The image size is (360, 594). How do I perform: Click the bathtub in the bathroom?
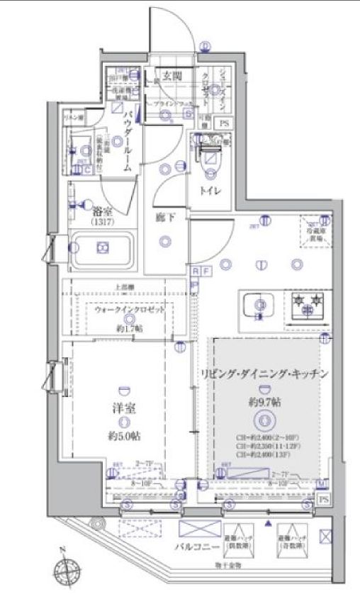coord(102,249)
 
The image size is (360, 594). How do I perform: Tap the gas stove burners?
coord(306,306)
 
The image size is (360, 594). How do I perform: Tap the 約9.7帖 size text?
coord(264,402)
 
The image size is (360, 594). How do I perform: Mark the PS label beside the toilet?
coord(224,123)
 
